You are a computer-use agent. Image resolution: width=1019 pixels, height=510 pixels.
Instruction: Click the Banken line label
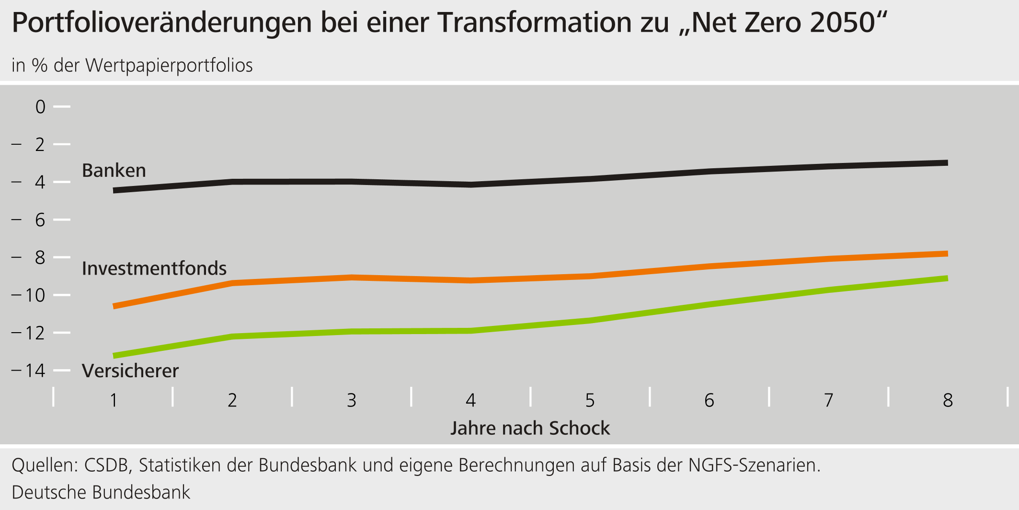click(x=114, y=171)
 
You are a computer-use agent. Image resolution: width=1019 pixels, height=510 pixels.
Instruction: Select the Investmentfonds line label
click(x=154, y=268)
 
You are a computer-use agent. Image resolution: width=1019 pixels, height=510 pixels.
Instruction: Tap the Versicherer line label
click(x=130, y=371)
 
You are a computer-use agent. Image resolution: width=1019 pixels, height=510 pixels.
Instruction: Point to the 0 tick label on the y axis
click(x=41, y=106)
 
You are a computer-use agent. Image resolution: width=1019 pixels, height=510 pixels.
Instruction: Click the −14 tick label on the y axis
click(x=29, y=371)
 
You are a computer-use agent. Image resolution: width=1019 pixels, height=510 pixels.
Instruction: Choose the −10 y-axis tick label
click(x=29, y=295)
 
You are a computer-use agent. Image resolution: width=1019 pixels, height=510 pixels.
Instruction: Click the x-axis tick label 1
click(x=114, y=400)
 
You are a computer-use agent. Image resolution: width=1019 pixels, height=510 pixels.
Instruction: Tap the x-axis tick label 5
click(x=590, y=400)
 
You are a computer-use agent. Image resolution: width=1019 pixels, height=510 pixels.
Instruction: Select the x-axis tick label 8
click(x=948, y=400)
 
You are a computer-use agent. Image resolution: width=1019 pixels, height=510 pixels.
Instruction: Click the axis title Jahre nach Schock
click(x=530, y=428)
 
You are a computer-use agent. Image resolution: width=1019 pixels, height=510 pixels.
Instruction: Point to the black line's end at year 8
click(x=947, y=163)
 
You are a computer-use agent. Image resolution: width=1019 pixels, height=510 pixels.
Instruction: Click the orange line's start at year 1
click(x=114, y=306)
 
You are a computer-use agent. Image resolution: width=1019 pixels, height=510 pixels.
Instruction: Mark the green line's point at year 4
click(x=471, y=330)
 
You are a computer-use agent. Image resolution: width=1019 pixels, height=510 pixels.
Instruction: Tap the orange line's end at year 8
click(x=947, y=254)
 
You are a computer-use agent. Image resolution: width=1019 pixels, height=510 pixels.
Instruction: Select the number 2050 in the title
click(x=843, y=23)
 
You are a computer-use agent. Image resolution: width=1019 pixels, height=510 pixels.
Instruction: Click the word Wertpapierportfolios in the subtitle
click(x=169, y=65)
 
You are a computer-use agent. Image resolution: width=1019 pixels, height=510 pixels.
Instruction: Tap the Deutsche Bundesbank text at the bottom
click(x=101, y=492)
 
